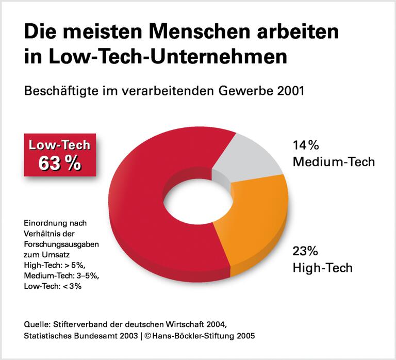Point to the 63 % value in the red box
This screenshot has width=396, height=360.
click(x=60, y=163)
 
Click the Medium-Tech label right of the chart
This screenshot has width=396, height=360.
click(x=333, y=162)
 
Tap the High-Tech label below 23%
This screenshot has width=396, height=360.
click(x=322, y=268)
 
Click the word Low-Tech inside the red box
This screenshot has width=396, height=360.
click(x=60, y=145)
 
